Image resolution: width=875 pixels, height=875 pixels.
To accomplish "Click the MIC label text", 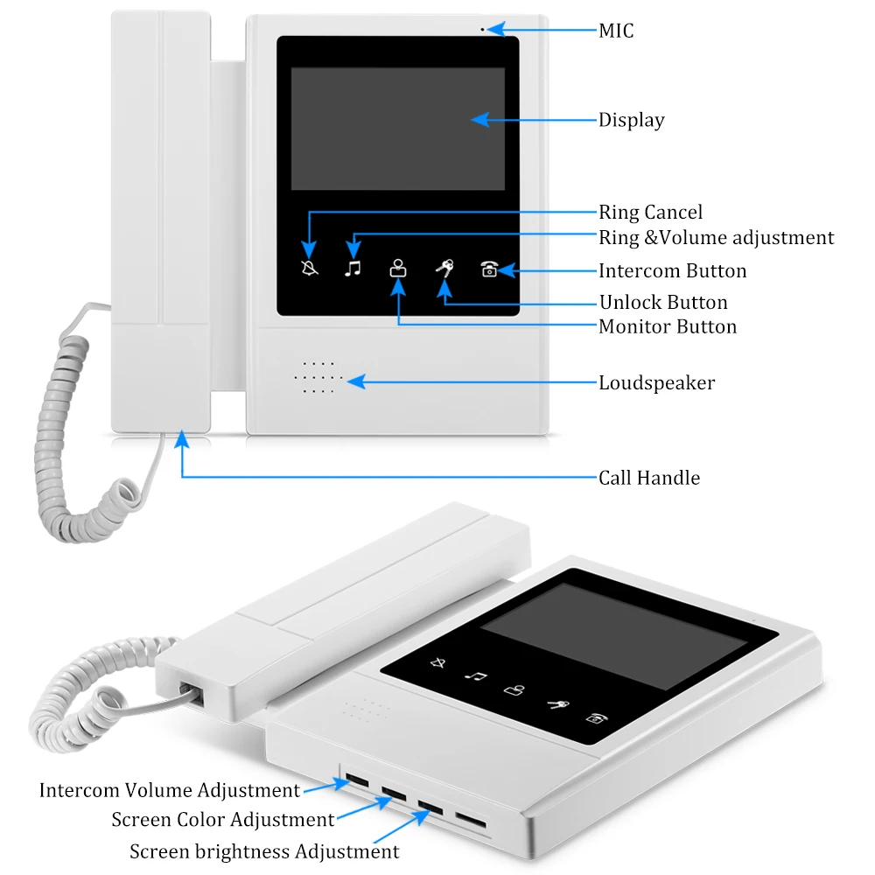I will click(616, 31).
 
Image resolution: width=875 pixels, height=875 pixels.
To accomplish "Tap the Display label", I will click(631, 121).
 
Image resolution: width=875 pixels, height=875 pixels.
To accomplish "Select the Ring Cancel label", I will click(650, 213).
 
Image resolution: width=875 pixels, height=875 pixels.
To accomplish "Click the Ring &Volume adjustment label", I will click(716, 238).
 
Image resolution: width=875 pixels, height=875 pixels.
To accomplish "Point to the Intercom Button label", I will click(672, 271).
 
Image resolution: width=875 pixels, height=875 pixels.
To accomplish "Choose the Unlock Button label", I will click(663, 303).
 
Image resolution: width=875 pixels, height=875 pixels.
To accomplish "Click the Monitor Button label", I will click(668, 327).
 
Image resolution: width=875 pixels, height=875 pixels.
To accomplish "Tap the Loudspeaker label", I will click(656, 383).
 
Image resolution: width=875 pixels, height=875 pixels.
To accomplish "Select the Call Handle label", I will click(649, 478).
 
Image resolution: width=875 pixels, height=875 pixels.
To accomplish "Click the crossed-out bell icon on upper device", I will click(310, 268).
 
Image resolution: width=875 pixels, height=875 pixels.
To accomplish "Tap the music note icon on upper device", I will click(353, 268).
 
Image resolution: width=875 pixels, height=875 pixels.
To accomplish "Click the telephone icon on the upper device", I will click(489, 269).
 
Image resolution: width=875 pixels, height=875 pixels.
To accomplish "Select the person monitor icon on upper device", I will click(398, 268).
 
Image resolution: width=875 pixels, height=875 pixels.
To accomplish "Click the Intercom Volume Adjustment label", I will click(169, 791).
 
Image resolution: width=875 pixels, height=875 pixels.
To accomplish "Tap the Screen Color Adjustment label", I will click(222, 821).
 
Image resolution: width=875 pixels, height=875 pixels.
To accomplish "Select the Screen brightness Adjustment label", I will click(264, 851).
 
